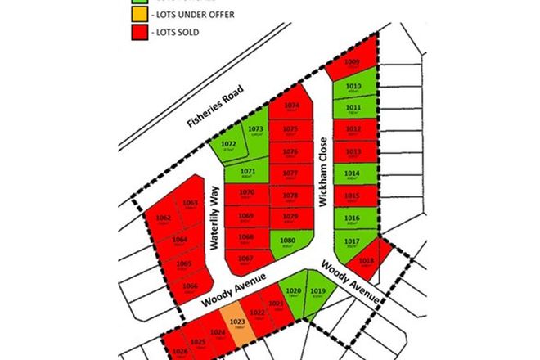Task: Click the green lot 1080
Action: click(x=288, y=242)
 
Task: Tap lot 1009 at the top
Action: click(x=352, y=65)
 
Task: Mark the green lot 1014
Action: click(x=353, y=175)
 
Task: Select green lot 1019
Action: click(x=320, y=294)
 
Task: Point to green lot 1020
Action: click(x=293, y=294)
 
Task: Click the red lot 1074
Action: click(x=291, y=106)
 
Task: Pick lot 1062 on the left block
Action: click(x=164, y=219)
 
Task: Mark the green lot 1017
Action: click(x=352, y=243)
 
